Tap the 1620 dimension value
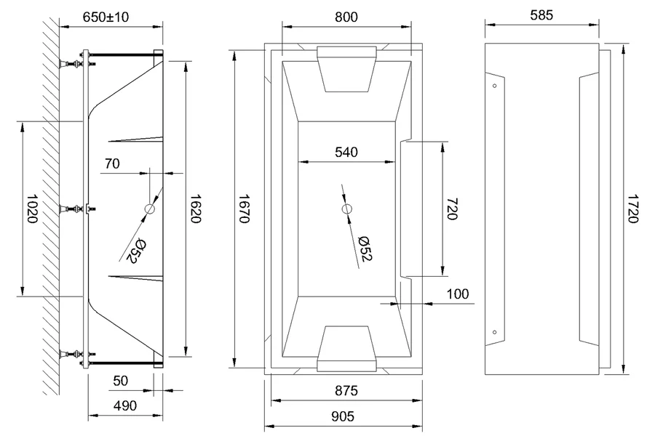[x=195, y=210]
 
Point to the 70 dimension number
[x=111, y=163]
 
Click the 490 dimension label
[x=125, y=406]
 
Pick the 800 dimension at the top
[x=346, y=16]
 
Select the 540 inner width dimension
[x=346, y=152]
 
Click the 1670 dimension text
[x=244, y=210]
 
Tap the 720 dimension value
[x=451, y=210]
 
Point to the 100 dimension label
[x=457, y=294]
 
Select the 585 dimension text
[x=542, y=14]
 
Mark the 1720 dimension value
[x=632, y=210]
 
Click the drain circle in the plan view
[x=346, y=210]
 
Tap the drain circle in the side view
[x=150, y=209]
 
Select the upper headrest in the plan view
[x=346, y=68]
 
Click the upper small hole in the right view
[x=495, y=86]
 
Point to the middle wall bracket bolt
[x=74, y=210]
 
